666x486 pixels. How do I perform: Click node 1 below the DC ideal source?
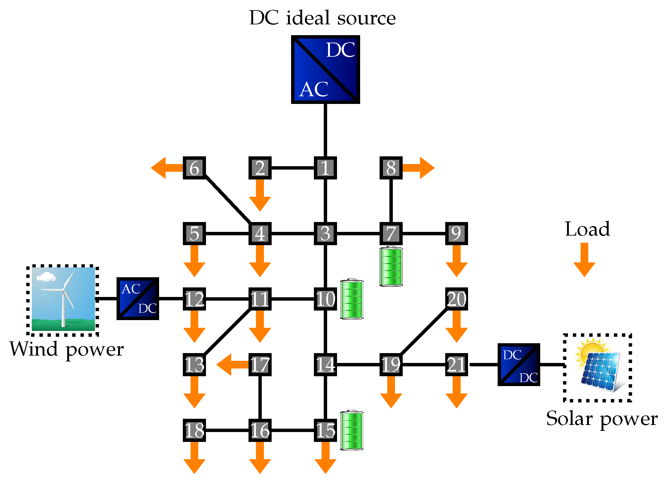point(325,168)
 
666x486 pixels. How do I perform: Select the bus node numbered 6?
point(194,168)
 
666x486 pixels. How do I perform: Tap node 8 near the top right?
point(391,168)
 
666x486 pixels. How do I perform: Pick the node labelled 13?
point(194,364)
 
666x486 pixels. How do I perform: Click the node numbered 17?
point(260,364)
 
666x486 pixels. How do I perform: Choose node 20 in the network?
point(457,299)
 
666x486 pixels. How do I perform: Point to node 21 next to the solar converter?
point(457,364)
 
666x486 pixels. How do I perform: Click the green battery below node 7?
point(391,266)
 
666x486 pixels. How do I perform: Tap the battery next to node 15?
point(352,430)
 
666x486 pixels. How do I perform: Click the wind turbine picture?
point(63,299)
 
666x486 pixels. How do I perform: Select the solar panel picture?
point(600,367)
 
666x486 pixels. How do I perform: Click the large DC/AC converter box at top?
point(325,69)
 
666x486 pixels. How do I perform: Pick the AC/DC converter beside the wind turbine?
point(138,299)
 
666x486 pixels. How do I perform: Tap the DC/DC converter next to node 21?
point(519,364)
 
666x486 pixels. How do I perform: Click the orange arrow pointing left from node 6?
point(167,168)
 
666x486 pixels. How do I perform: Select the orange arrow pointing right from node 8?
point(419,168)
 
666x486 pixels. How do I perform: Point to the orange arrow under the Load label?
point(584,260)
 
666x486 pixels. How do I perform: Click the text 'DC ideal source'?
point(323,18)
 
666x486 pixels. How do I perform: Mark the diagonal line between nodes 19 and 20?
point(424,332)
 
